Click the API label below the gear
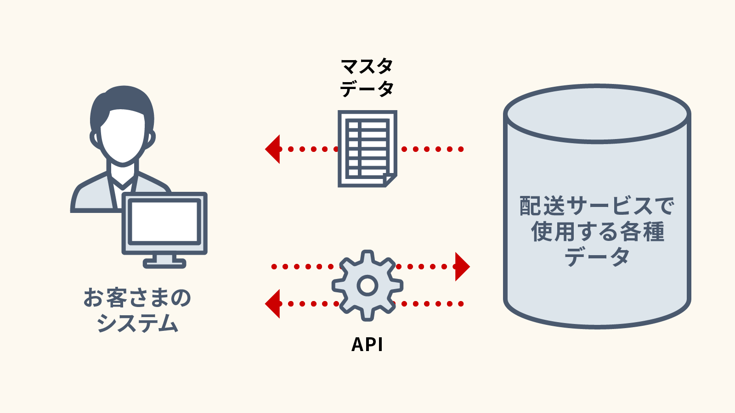(367, 345)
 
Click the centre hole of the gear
(367, 285)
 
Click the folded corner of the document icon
(390, 180)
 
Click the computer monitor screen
(164, 222)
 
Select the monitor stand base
(164, 263)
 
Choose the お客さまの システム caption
(137, 310)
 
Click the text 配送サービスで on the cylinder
(597, 206)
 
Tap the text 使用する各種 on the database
(597, 231)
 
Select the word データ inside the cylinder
(597, 257)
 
